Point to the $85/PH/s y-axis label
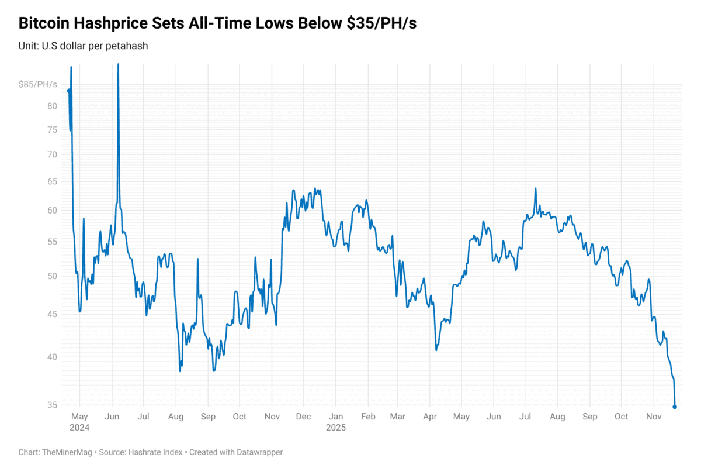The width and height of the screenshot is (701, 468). pos(38,85)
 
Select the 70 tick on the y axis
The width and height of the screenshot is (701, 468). pos(52,154)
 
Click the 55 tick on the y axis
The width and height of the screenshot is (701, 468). pos(52,242)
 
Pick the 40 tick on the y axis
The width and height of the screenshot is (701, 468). pos(52,357)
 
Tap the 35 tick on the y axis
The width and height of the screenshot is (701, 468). pos(52,405)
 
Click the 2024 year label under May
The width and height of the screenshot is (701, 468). pos(79,428)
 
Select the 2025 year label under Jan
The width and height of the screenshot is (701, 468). pos(335,428)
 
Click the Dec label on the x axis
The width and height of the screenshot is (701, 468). pos(303,417)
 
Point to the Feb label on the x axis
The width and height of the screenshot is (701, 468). pos(367,417)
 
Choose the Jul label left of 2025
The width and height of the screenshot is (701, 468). pos(144,417)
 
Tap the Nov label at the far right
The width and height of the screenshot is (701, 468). pos(654,417)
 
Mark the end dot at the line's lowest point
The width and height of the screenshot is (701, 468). pos(675,407)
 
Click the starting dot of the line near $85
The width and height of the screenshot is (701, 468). pos(69,91)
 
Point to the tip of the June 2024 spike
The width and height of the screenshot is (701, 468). pos(118,64)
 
